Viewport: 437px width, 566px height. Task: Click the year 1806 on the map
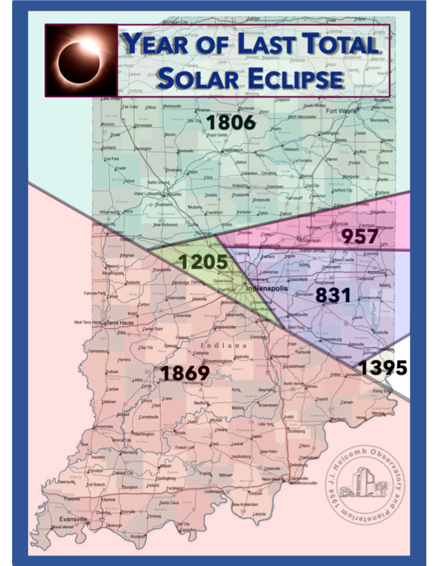230,122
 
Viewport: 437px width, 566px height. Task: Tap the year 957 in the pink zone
360,236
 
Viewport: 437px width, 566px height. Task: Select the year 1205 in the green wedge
203,262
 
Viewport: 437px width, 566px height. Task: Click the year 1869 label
184,373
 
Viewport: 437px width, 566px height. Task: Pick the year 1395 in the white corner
383,368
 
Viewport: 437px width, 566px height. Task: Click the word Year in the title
159,43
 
